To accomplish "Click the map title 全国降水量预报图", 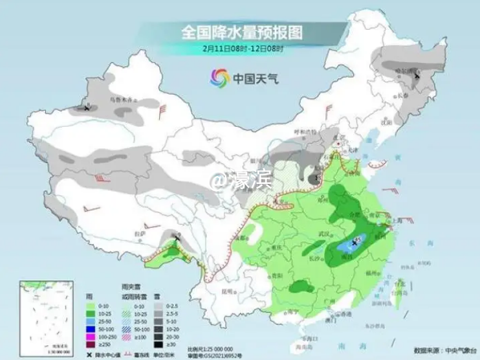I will click(x=243, y=31).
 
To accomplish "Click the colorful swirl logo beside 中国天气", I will click(x=220, y=78).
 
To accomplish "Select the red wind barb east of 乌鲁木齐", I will click(x=164, y=109).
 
